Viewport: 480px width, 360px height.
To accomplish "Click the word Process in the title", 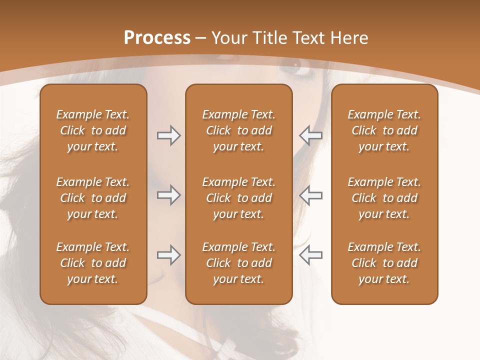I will point(157,38).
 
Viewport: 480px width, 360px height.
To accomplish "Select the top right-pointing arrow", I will point(168,135).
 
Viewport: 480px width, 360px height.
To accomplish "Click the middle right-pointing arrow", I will point(168,195).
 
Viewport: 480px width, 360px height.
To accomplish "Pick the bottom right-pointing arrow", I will point(168,255).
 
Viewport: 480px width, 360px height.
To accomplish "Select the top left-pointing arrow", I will point(311,135).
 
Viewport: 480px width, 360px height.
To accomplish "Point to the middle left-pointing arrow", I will point(311,195).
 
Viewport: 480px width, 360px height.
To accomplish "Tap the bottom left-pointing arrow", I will point(311,255).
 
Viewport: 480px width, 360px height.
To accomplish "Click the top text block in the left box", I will point(93,130).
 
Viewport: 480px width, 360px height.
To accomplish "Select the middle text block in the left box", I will point(93,198).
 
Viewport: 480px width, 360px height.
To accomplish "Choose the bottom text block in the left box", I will point(93,263).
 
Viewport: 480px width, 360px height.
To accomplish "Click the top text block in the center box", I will point(238,130).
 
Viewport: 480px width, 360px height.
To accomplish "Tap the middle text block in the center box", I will point(238,198).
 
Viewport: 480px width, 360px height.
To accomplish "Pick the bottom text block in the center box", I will point(238,263).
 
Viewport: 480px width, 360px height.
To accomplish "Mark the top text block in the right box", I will point(384,130).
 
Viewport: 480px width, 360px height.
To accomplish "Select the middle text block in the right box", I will point(384,198).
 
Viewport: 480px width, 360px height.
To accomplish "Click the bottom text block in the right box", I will point(384,263).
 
